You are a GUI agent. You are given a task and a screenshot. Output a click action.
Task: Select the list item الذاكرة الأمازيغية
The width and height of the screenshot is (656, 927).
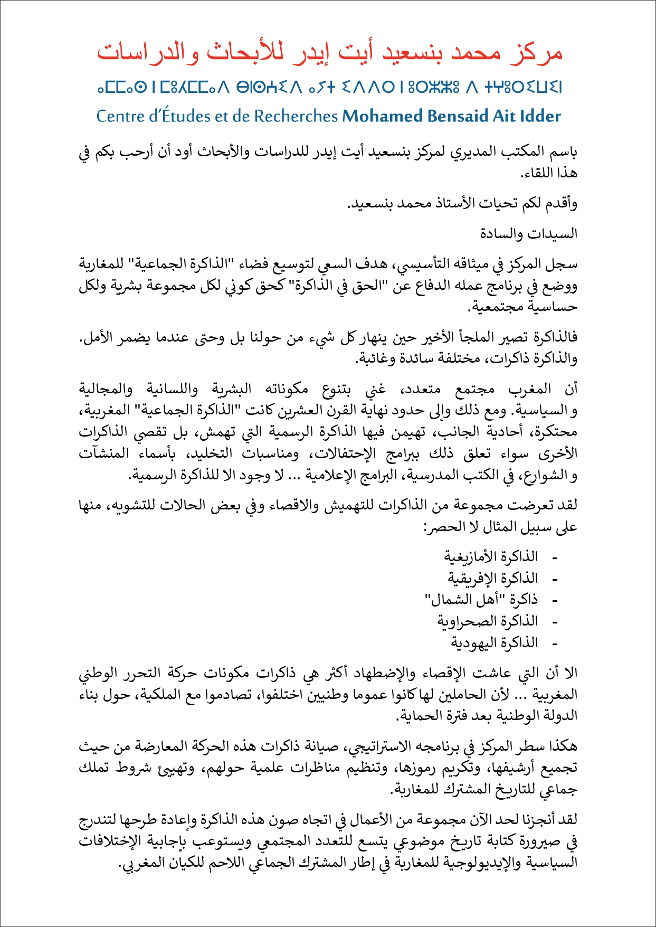click(x=491, y=557)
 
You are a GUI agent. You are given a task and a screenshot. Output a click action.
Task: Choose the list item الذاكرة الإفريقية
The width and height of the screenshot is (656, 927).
click(x=493, y=579)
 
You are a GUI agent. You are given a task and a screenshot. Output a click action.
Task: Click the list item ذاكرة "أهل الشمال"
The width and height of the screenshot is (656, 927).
click(x=481, y=600)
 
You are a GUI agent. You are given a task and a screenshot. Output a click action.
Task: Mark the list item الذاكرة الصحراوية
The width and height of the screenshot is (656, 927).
click(x=488, y=622)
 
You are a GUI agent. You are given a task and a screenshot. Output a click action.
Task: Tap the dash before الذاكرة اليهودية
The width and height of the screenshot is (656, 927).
click(x=554, y=644)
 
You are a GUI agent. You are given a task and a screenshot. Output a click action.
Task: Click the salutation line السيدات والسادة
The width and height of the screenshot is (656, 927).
click(x=528, y=234)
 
